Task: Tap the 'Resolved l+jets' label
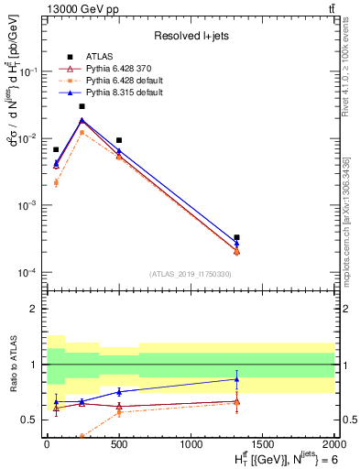(x=191, y=36)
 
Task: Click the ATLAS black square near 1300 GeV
(x=236, y=237)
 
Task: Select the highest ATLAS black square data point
(x=82, y=106)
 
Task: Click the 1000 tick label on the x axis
(x=191, y=443)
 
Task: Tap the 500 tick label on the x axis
(x=119, y=443)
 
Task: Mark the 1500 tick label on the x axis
(x=263, y=443)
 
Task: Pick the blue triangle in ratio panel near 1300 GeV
(x=236, y=379)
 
